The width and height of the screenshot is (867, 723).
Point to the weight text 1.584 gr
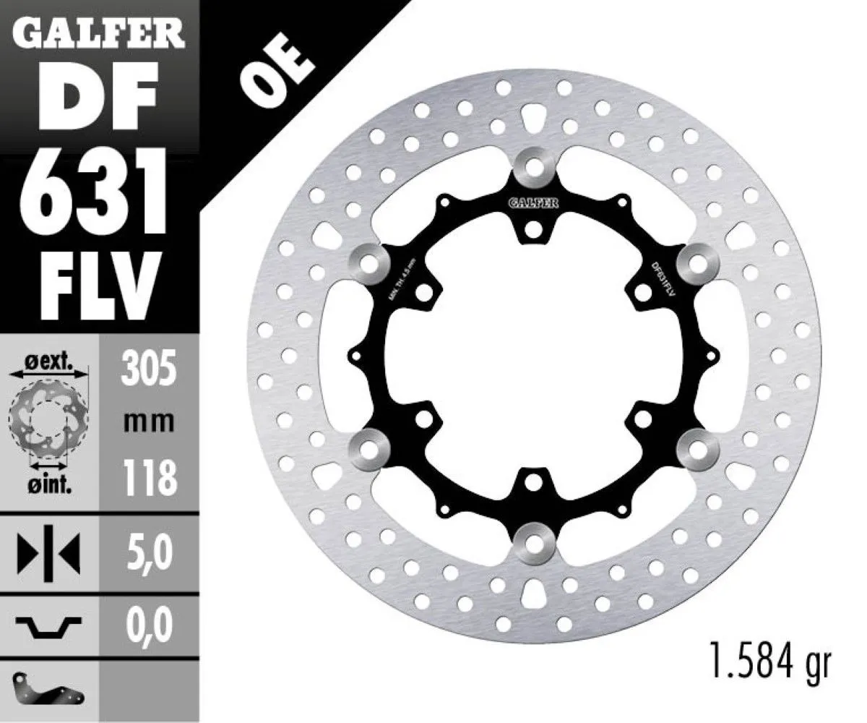tap(767, 662)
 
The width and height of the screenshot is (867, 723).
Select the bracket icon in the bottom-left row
tap(47, 691)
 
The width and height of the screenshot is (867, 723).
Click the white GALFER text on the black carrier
tap(535, 204)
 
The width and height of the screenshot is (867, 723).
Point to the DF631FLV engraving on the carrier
tap(663, 279)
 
